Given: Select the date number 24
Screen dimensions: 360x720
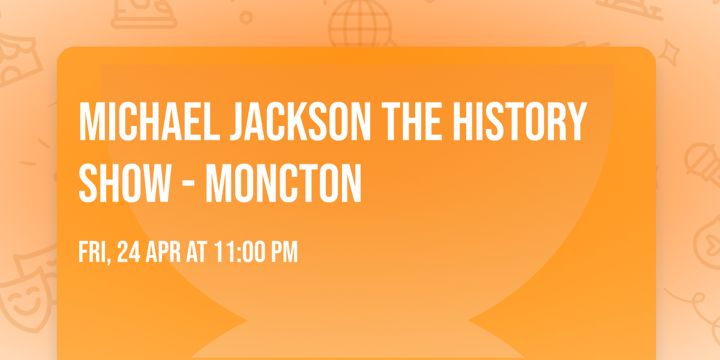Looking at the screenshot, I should click(128, 253).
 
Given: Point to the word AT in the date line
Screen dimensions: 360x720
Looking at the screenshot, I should click(197, 253).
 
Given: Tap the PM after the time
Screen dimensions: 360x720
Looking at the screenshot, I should click(284, 253).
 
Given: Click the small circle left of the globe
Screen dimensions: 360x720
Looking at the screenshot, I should click(246, 17).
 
